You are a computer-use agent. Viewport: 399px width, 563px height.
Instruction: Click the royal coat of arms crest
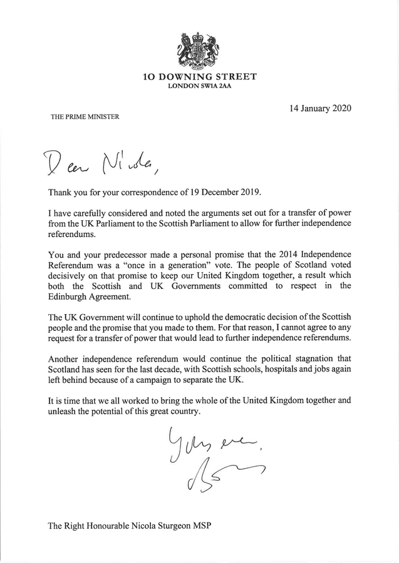(199, 49)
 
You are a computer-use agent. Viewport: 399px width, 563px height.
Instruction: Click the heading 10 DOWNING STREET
(199, 77)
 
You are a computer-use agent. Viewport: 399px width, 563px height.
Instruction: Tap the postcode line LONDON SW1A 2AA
(199, 86)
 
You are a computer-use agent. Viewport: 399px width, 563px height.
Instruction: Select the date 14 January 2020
(318, 108)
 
